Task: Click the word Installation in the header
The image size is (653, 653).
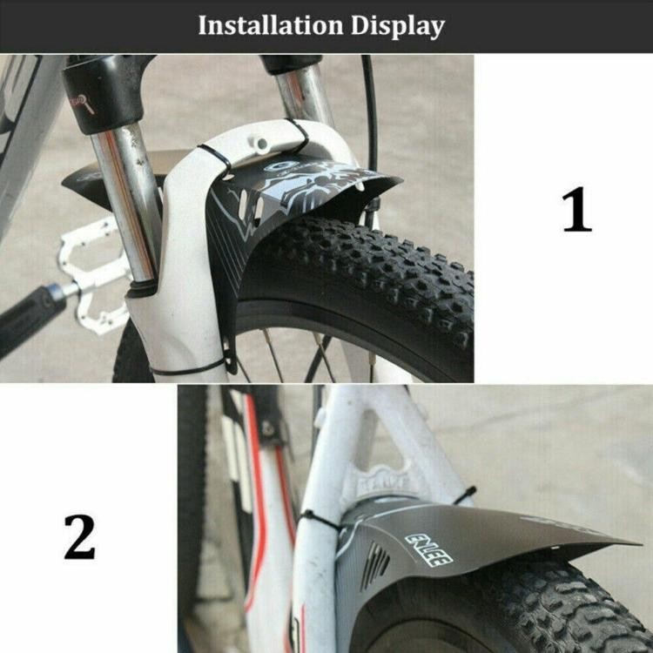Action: coord(270,25)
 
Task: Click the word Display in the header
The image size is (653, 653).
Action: coord(397,26)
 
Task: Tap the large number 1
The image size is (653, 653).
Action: coord(576,211)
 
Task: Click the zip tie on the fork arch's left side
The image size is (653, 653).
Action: coord(214,161)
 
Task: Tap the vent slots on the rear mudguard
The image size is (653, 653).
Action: coord(376,566)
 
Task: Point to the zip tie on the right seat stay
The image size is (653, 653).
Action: coord(465,495)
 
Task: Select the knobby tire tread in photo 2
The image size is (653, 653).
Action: coord(557,609)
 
